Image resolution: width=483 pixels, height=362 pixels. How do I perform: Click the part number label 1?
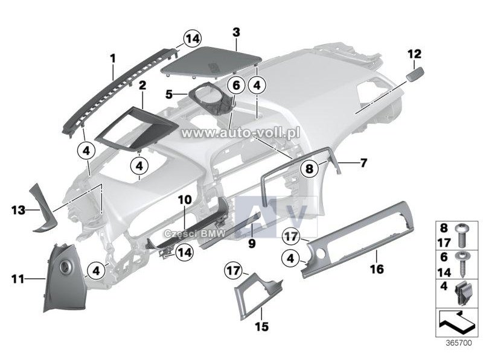coord(113,58)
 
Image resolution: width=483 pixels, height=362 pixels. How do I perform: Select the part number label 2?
coord(142,86)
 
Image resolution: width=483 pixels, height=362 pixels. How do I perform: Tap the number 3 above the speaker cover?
coord(236,32)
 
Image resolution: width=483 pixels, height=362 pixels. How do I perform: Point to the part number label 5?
coord(169,94)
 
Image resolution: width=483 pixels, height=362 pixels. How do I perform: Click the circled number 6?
coord(236,85)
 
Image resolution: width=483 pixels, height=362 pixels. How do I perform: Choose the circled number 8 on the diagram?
coord(309,168)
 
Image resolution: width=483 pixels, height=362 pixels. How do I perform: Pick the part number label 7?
coord(364,162)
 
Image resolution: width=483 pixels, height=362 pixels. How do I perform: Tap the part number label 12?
coord(414,54)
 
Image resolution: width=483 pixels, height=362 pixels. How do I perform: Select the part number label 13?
coord(18,210)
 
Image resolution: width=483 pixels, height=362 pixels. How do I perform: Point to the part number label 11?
coord(18,279)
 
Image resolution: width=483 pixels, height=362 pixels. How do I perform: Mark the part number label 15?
coord(261,326)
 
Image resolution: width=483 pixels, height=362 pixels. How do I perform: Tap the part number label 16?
coord(377,269)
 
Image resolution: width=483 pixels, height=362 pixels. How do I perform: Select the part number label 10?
coord(185,200)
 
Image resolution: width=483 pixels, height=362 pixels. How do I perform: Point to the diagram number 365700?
coord(459,343)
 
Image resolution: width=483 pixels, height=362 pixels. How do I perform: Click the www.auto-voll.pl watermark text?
coord(240,133)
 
